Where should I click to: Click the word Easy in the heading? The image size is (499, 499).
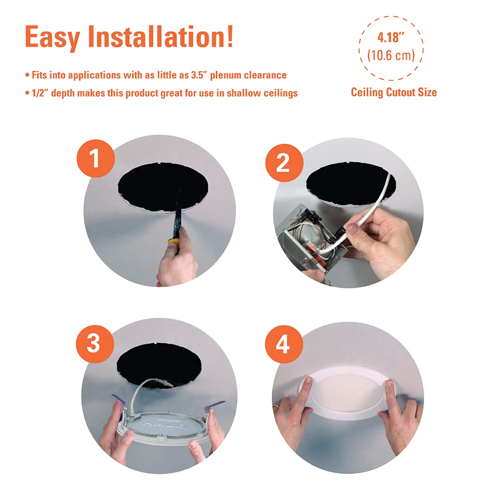click(52, 38)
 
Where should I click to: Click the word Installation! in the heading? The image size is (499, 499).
click(161, 36)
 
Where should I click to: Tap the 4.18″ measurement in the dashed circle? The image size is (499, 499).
click(391, 37)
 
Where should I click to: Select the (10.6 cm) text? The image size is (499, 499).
click(391, 55)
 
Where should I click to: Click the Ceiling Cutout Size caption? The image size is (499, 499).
click(394, 92)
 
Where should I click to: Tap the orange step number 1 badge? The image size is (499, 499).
click(96, 159)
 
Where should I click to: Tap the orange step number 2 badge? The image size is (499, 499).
click(284, 163)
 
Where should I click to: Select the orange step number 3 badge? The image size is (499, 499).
click(95, 344)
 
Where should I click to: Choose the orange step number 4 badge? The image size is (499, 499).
click(284, 344)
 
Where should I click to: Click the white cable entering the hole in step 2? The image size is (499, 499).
click(376, 204)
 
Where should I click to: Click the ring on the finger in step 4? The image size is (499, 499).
click(276, 406)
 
